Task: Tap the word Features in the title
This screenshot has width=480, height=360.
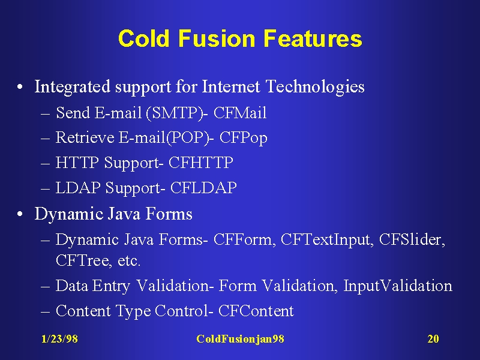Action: pos(313,38)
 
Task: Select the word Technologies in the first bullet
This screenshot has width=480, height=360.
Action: pos(316,86)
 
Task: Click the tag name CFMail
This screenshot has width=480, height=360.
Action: pos(240,113)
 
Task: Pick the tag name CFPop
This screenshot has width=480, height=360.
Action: pos(244,138)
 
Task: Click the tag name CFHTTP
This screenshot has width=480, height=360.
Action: pos(201,162)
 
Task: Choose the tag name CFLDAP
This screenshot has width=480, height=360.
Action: pos(203,188)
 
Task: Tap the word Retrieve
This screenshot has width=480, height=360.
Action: pos(85,137)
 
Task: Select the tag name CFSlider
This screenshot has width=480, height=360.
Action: pos(412,239)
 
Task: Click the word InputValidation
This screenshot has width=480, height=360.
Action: pos(398,286)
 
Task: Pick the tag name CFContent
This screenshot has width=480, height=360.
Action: pos(256,311)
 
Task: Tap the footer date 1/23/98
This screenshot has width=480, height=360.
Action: pos(59,339)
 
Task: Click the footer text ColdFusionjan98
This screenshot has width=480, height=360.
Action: pos(241,339)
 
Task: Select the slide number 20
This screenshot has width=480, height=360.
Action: pos(433,339)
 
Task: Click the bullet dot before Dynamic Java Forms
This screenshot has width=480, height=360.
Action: pos(20,214)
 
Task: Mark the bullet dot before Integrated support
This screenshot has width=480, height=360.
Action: pos(20,87)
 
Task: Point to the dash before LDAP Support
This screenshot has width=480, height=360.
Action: pos(46,188)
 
